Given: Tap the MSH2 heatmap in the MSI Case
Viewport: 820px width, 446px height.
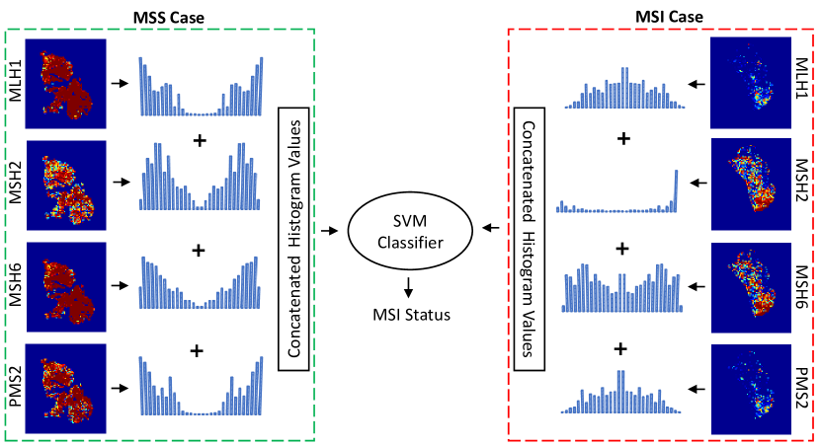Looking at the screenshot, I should (752, 184).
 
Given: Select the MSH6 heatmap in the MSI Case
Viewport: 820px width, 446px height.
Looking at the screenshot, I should (752, 283).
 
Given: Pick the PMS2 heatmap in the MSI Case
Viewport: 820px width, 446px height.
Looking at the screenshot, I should (752, 384).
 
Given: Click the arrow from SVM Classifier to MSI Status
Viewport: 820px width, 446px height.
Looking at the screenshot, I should (408, 287).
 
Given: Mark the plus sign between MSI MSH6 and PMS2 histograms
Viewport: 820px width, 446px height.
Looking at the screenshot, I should (621, 348).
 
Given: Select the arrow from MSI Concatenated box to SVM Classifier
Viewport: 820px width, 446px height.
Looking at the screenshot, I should (490, 231).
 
